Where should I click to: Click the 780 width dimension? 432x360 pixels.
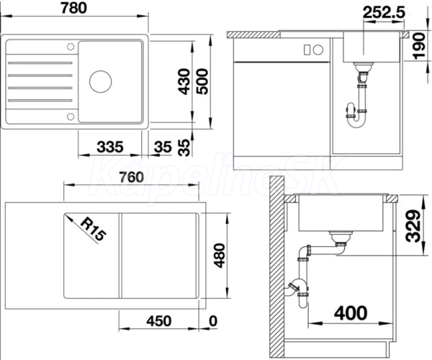[74, 8]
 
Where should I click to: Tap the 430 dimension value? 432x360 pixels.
[184, 81]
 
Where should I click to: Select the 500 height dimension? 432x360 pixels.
[202, 81]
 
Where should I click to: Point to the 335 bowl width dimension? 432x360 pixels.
[110, 147]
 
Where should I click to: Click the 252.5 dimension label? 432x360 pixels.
[384, 12]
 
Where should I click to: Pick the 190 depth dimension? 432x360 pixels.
[419, 46]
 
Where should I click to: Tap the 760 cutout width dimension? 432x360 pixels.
[132, 177]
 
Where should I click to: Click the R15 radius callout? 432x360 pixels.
[93, 229]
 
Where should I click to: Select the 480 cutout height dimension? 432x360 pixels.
[220, 256]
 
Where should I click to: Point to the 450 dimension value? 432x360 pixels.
[159, 321]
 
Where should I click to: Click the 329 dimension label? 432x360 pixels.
[413, 226]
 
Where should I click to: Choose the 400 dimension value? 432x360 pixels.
[351, 313]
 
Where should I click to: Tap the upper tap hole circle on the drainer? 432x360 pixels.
[71, 47]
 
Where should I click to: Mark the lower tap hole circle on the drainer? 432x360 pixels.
[71, 116]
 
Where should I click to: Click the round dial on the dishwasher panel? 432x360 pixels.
[318, 50]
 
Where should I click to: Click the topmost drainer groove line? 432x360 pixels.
[40, 63]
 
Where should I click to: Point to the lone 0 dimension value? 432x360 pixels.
[213, 321]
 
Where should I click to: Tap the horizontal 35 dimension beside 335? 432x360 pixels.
[163, 147]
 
